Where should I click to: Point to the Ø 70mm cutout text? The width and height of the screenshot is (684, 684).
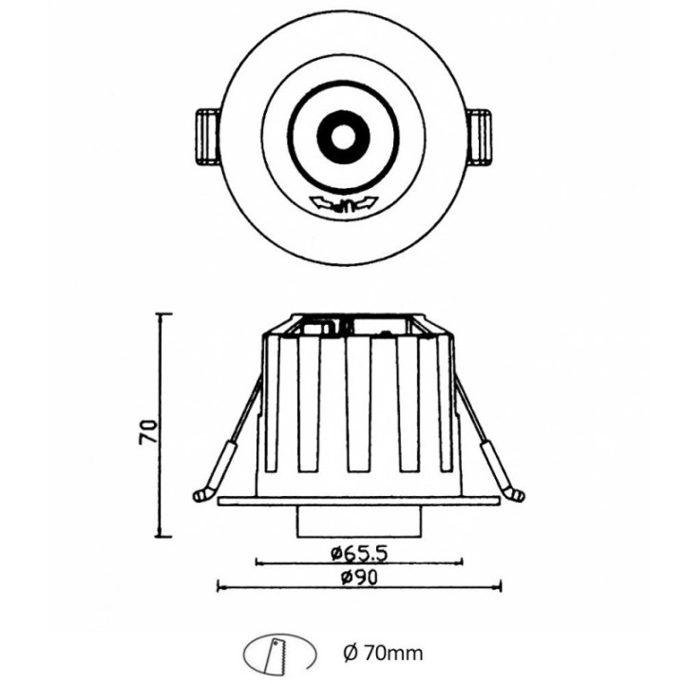pyautogui.click(x=381, y=653)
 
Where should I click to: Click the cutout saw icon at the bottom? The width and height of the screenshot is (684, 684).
pyautogui.click(x=278, y=654)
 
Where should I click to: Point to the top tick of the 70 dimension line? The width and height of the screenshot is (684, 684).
pyautogui.click(x=164, y=313)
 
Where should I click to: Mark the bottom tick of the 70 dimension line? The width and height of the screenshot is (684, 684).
pyautogui.click(x=164, y=534)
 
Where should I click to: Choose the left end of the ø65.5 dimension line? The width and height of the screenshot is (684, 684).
pyautogui.click(x=257, y=561)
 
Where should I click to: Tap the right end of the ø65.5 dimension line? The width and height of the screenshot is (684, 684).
pyautogui.click(x=463, y=561)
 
